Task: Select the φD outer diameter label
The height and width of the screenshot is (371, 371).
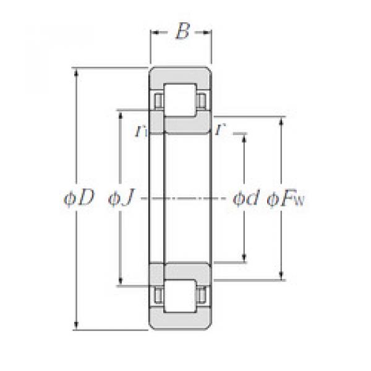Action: [79, 198]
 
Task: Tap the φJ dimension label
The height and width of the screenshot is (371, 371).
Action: [121, 198]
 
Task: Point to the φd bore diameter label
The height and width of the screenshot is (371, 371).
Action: [245, 198]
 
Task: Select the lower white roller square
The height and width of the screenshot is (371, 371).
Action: [181, 299]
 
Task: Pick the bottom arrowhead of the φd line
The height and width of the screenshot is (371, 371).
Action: [245, 260]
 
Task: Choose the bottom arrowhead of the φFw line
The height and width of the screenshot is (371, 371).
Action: [283, 276]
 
